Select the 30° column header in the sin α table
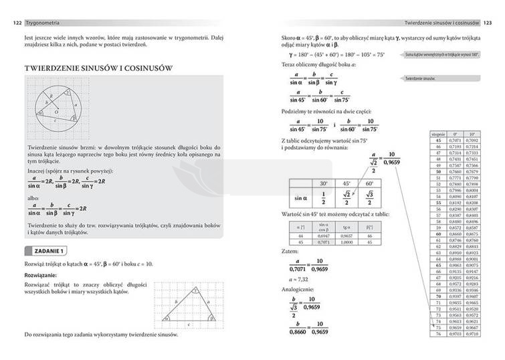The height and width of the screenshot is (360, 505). (323, 183)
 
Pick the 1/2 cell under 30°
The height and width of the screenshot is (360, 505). (323, 198)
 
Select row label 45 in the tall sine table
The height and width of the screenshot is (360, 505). (439, 140)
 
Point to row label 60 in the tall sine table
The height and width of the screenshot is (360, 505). (439, 234)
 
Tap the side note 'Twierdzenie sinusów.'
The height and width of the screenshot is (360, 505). (420, 78)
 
